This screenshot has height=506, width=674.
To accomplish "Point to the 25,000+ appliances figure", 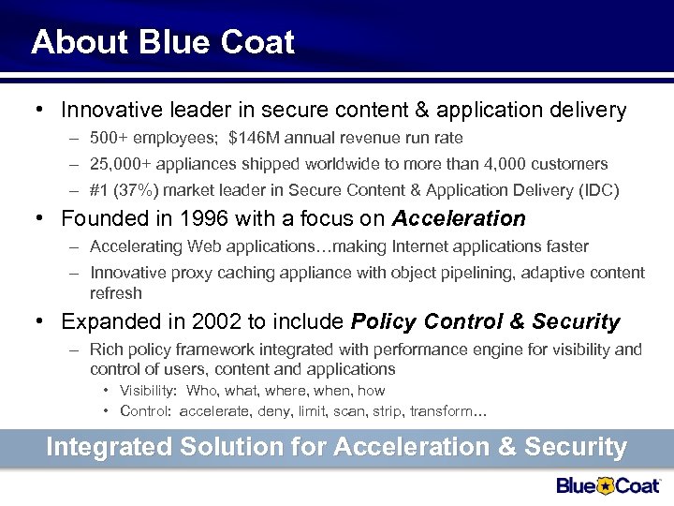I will coord(124,164).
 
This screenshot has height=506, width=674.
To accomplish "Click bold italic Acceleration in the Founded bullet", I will coord(459,219).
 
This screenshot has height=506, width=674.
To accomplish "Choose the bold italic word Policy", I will coord(384,322).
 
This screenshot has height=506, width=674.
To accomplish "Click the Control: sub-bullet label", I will coord(145,412).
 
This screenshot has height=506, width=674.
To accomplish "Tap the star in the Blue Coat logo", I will coord(607,484).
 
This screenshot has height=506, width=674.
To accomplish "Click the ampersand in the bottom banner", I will coord(506,447).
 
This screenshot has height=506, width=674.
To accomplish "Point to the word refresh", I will coord(116,292).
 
